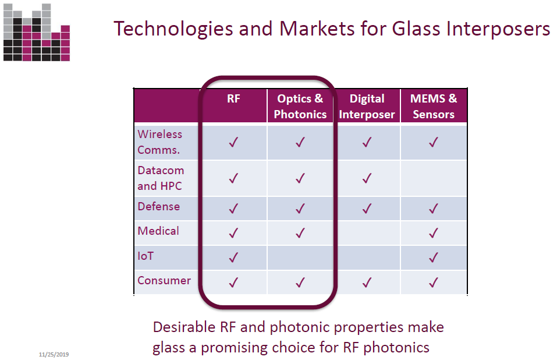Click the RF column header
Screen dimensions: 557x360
(233, 98)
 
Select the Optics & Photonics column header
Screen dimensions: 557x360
(300, 106)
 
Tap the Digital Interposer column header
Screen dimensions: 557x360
(367, 106)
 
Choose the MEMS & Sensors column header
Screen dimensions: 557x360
(434, 106)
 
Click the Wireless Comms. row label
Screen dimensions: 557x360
(160, 142)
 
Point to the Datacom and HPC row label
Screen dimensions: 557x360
(161, 178)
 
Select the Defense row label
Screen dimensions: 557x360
(159, 206)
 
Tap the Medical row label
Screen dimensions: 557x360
(158, 231)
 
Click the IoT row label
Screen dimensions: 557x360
(146, 256)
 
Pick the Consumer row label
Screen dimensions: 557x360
(164, 280)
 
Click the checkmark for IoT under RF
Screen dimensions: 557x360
(233, 257)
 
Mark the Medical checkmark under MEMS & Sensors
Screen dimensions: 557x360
(434, 233)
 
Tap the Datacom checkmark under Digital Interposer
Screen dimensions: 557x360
(367, 178)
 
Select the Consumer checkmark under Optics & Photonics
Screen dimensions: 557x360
(300, 283)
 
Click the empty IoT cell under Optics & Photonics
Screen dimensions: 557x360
(300, 257)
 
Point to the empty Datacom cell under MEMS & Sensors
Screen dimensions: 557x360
(434, 178)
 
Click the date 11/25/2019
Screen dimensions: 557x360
(54, 354)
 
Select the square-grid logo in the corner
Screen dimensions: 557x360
(37, 33)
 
